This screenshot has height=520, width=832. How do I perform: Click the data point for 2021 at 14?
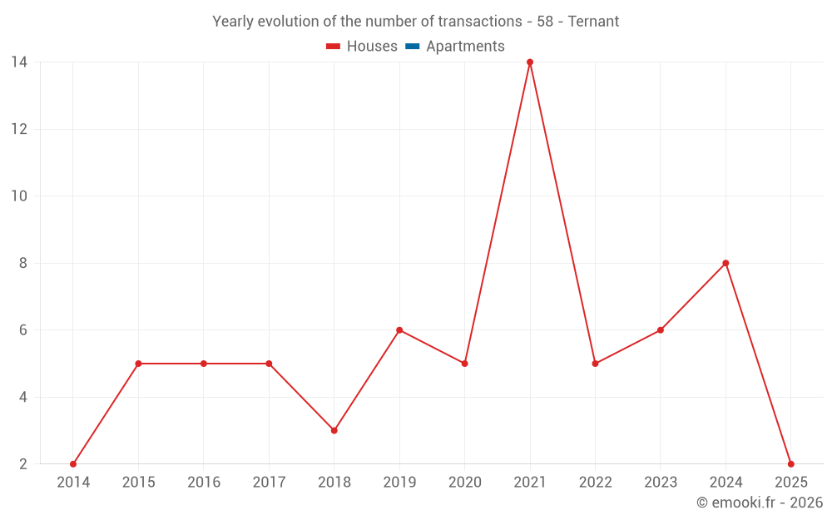click(x=530, y=62)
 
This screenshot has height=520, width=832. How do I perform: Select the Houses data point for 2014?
click(x=73, y=464)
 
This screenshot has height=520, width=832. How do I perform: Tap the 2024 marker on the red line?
click(x=726, y=263)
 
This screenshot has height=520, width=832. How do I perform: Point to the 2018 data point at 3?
click(x=334, y=430)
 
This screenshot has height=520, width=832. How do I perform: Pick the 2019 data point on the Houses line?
click(x=399, y=330)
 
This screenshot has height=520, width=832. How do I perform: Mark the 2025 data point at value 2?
click(x=790, y=464)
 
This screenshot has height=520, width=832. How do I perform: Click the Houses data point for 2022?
click(x=595, y=364)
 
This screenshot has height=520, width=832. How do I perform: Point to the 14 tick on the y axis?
click(x=19, y=62)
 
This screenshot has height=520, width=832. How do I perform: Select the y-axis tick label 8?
click(x=23, y=263)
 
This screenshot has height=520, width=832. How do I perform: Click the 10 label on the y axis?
click(x=19, y=196)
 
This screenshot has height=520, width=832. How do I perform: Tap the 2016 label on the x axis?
click(x=204, y=483)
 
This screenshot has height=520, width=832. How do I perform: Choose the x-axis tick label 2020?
click(x=464, y=483)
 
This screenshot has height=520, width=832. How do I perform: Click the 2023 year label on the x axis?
click(x=661, y=483)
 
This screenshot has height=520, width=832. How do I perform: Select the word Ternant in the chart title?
click(x=593, y=22)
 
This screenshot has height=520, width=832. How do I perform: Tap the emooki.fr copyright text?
click(x=759, y=503)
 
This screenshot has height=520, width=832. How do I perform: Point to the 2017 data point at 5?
click(x=269, y=364)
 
